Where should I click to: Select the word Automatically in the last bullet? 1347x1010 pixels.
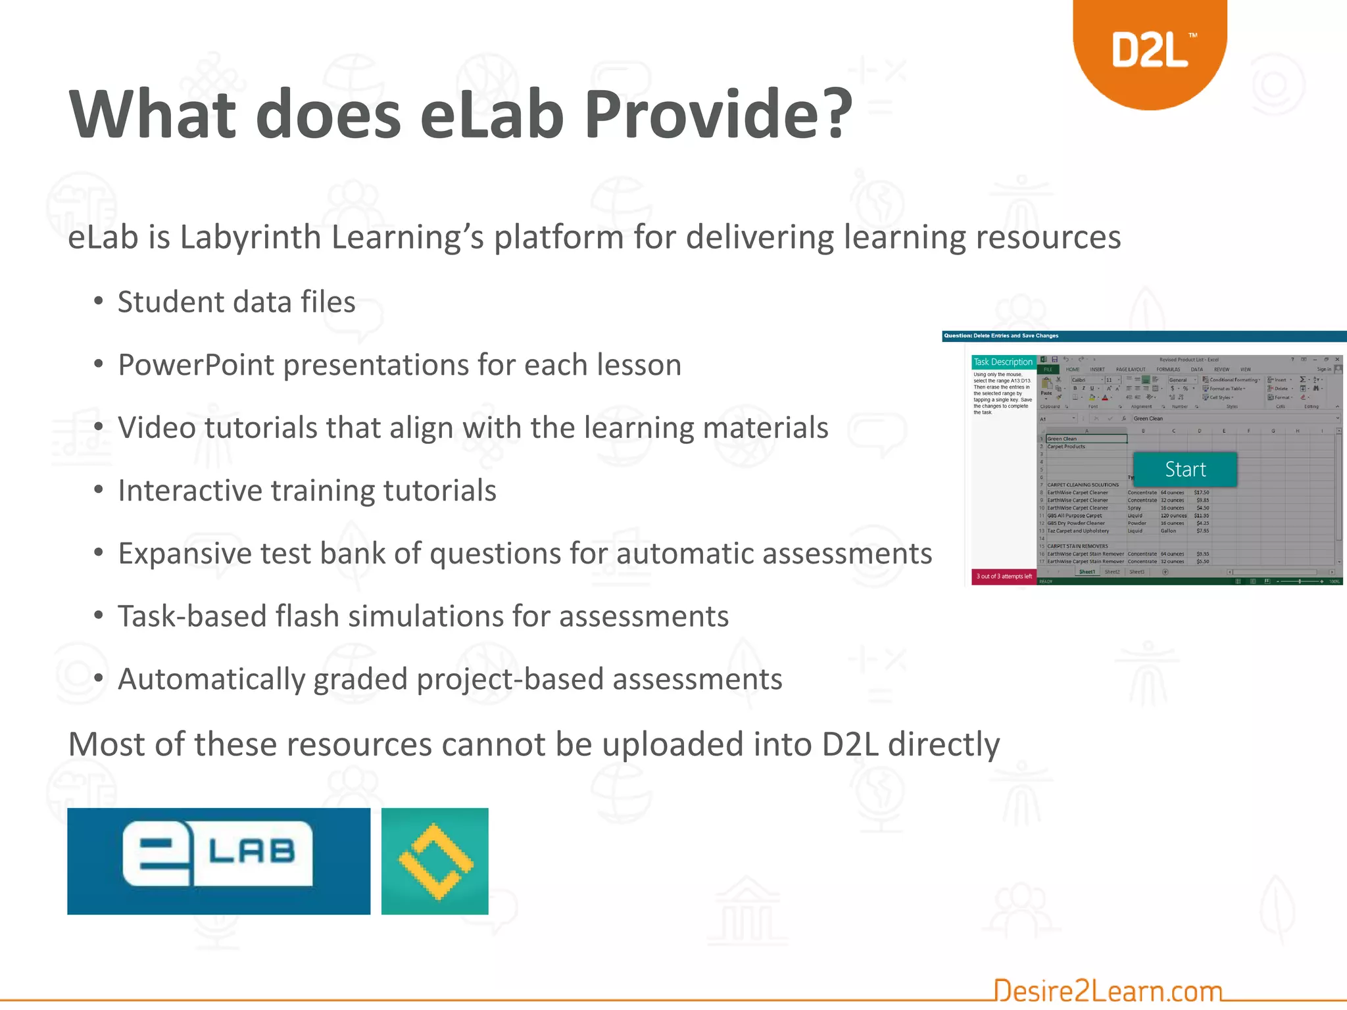210,679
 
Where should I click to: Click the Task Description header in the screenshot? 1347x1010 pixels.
1003,362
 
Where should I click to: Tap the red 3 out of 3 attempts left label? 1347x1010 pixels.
1004,577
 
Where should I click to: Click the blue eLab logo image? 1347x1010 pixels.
218,861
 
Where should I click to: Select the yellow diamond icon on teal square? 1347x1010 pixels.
435,861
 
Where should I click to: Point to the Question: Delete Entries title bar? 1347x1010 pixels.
1001,336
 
